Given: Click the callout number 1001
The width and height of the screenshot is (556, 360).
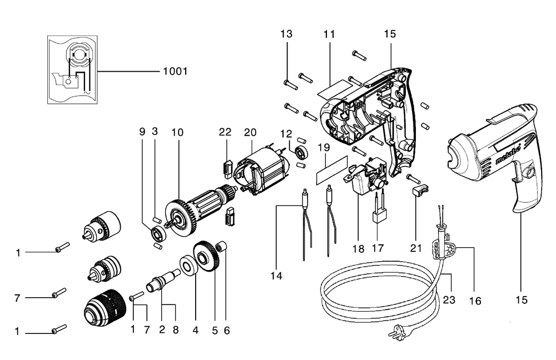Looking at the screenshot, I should [175, 72].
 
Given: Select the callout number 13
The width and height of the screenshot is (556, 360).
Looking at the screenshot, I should [286, 34].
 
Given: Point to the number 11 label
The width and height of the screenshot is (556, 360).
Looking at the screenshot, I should [329, 34].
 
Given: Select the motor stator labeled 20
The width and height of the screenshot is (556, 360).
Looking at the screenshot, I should [260, 169].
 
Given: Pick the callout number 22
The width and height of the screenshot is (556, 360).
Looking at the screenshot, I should [225, 132].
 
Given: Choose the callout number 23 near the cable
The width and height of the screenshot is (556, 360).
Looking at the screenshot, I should [449, 300].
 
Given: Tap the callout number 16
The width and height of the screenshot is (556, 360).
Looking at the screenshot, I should [475, 301].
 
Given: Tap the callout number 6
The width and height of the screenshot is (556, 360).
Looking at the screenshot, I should [226, 329].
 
